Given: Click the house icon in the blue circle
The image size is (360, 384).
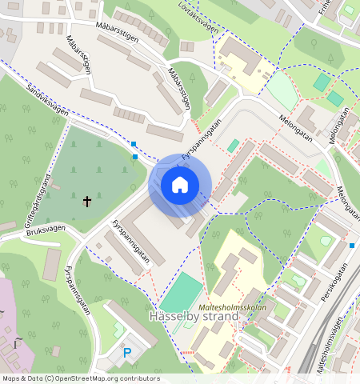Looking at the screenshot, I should [x=180, y=186].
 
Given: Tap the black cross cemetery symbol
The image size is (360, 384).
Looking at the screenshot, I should [x=86, y=201].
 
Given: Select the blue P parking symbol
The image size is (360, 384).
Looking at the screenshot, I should [x=126, y=353].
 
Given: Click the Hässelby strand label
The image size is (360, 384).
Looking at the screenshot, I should [x=194, y=317].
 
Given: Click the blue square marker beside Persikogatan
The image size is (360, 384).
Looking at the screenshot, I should [x=352, y=245].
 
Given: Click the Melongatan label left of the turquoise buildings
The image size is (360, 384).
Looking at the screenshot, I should [x=295, y=128].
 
